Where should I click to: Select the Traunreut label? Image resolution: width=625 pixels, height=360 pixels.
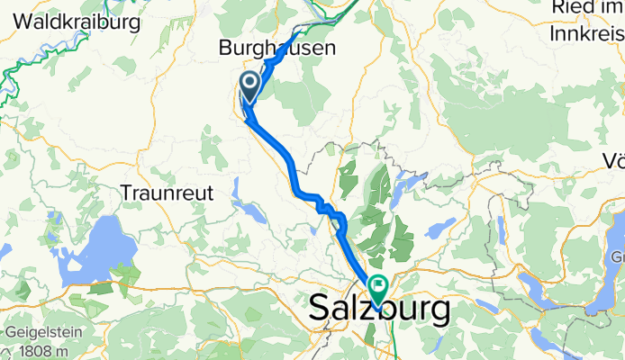[x=165, y=192]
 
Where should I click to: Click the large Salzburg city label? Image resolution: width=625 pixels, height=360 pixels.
[x=380, y=310]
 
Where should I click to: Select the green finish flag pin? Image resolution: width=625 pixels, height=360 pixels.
[x=376, y=287]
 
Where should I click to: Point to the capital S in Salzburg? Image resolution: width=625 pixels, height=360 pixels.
[x=322, y=310]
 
